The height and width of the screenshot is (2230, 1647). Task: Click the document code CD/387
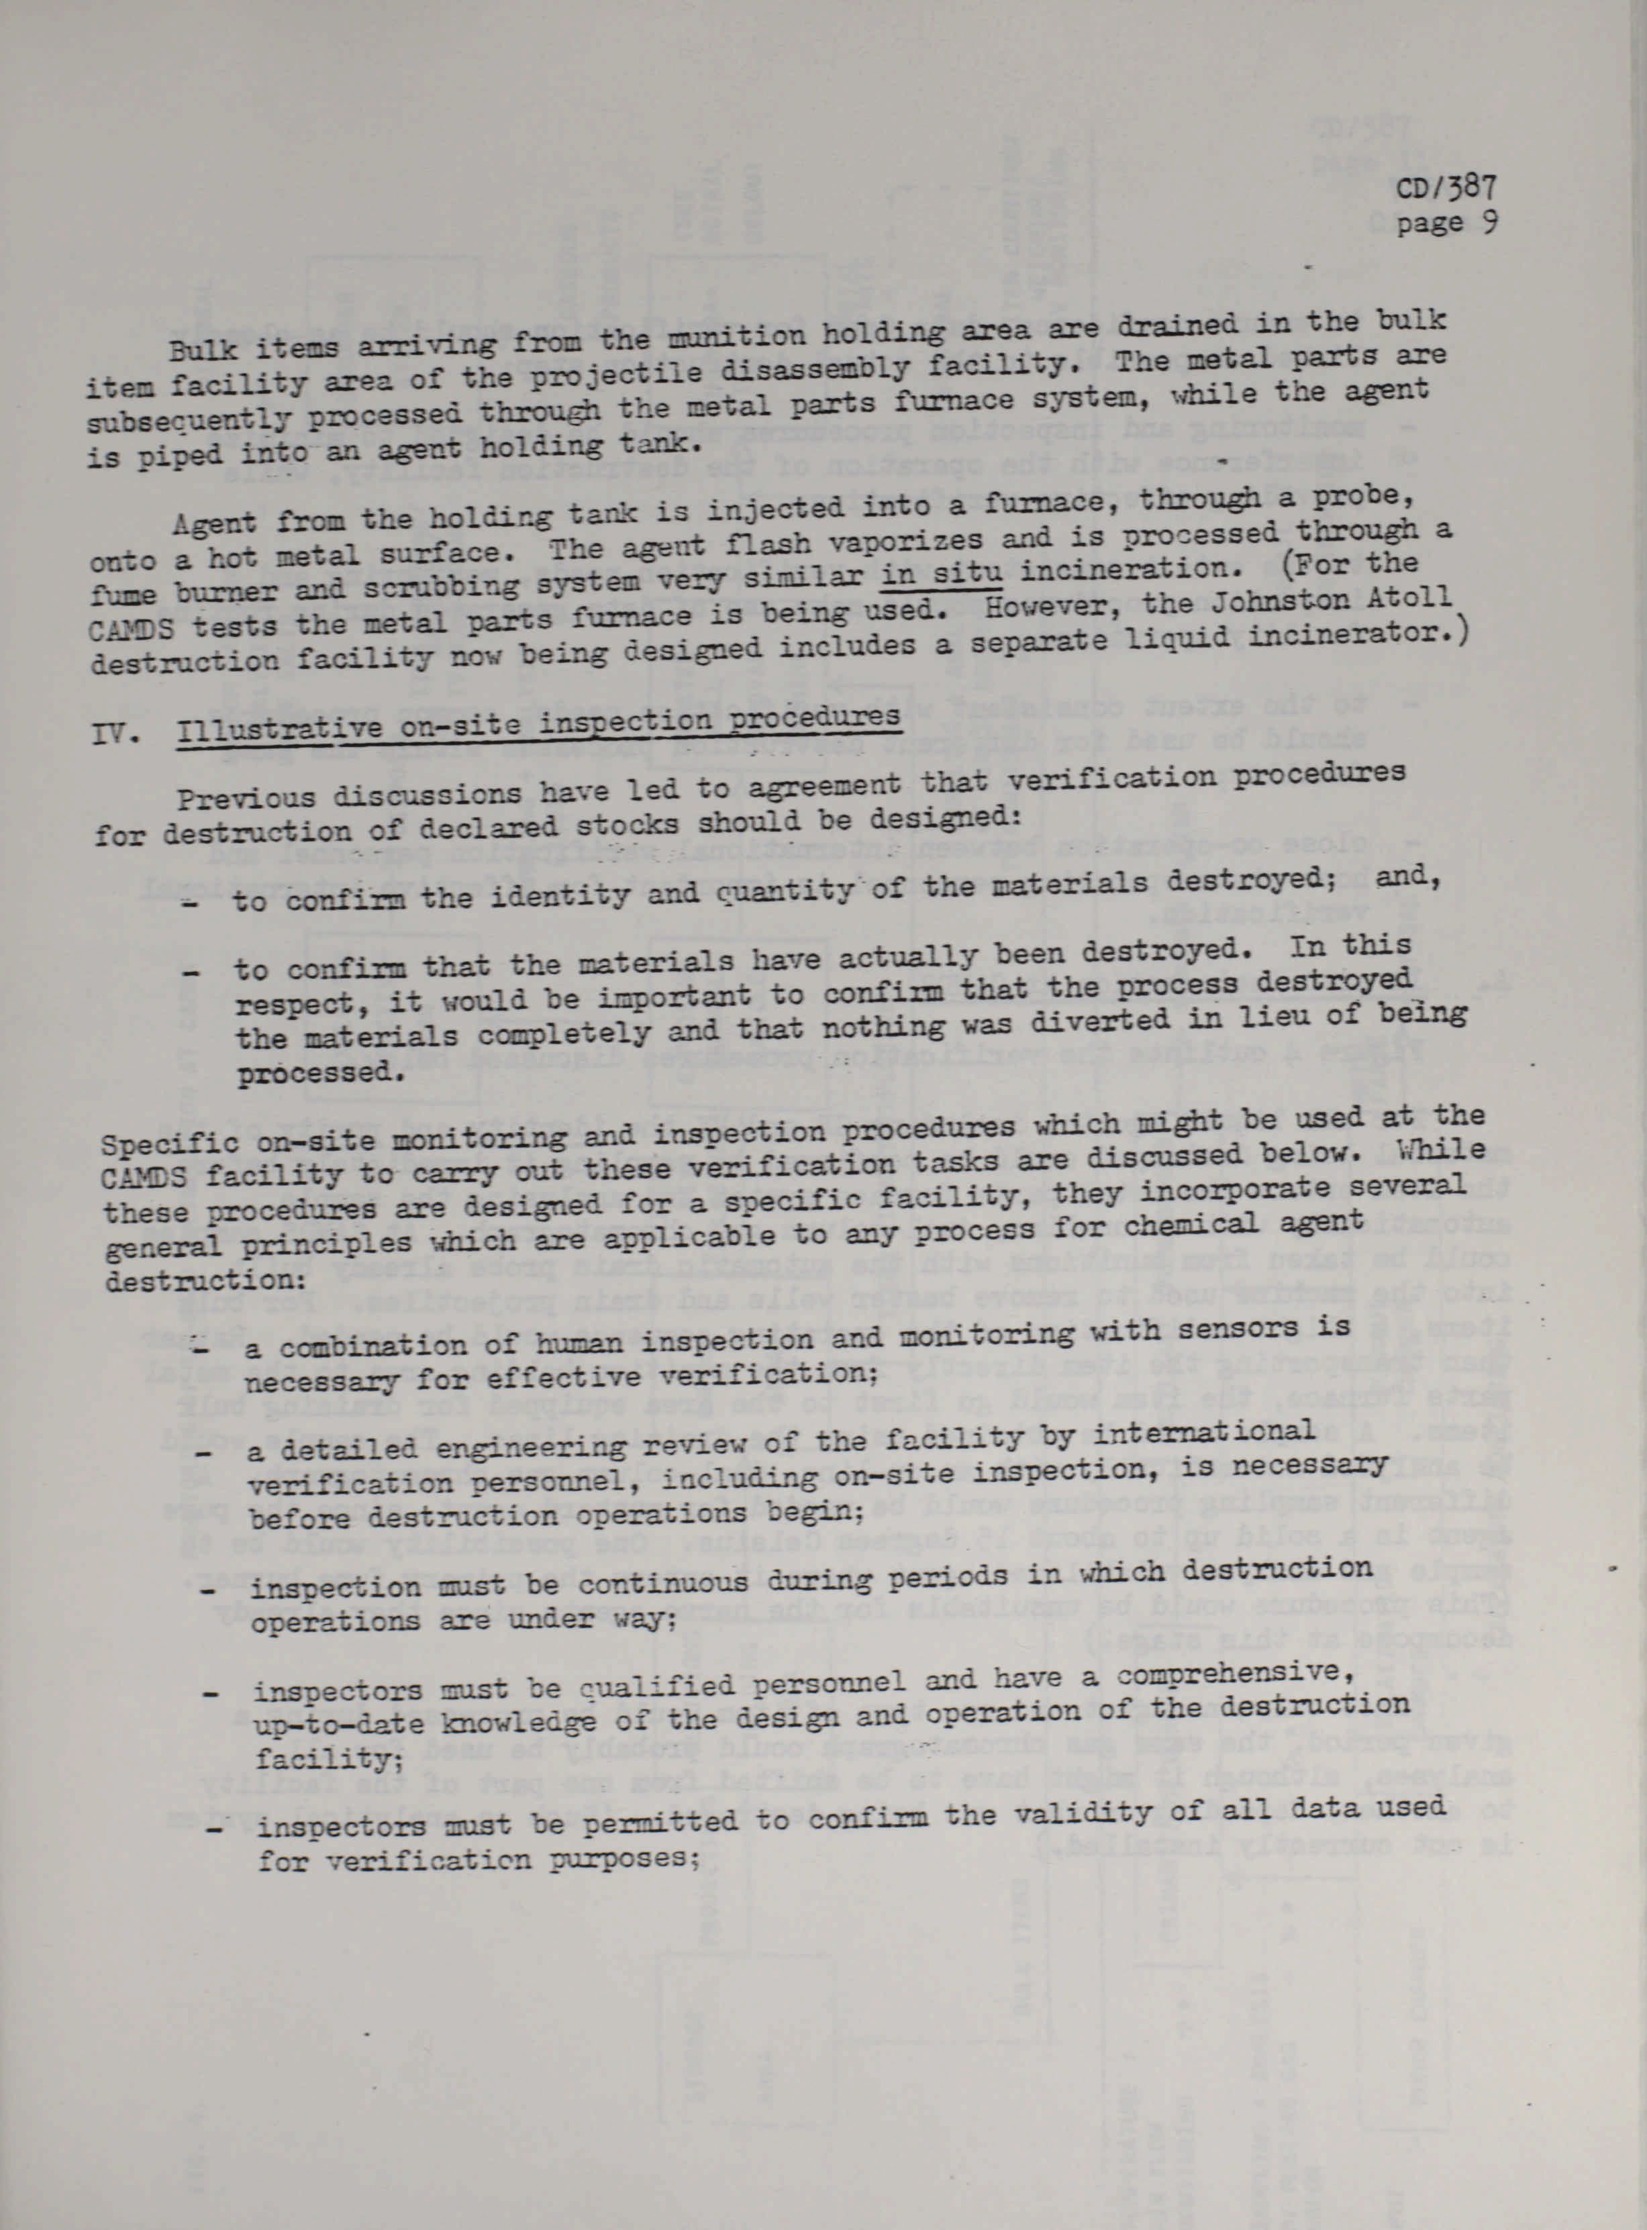tap(1448, 189)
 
